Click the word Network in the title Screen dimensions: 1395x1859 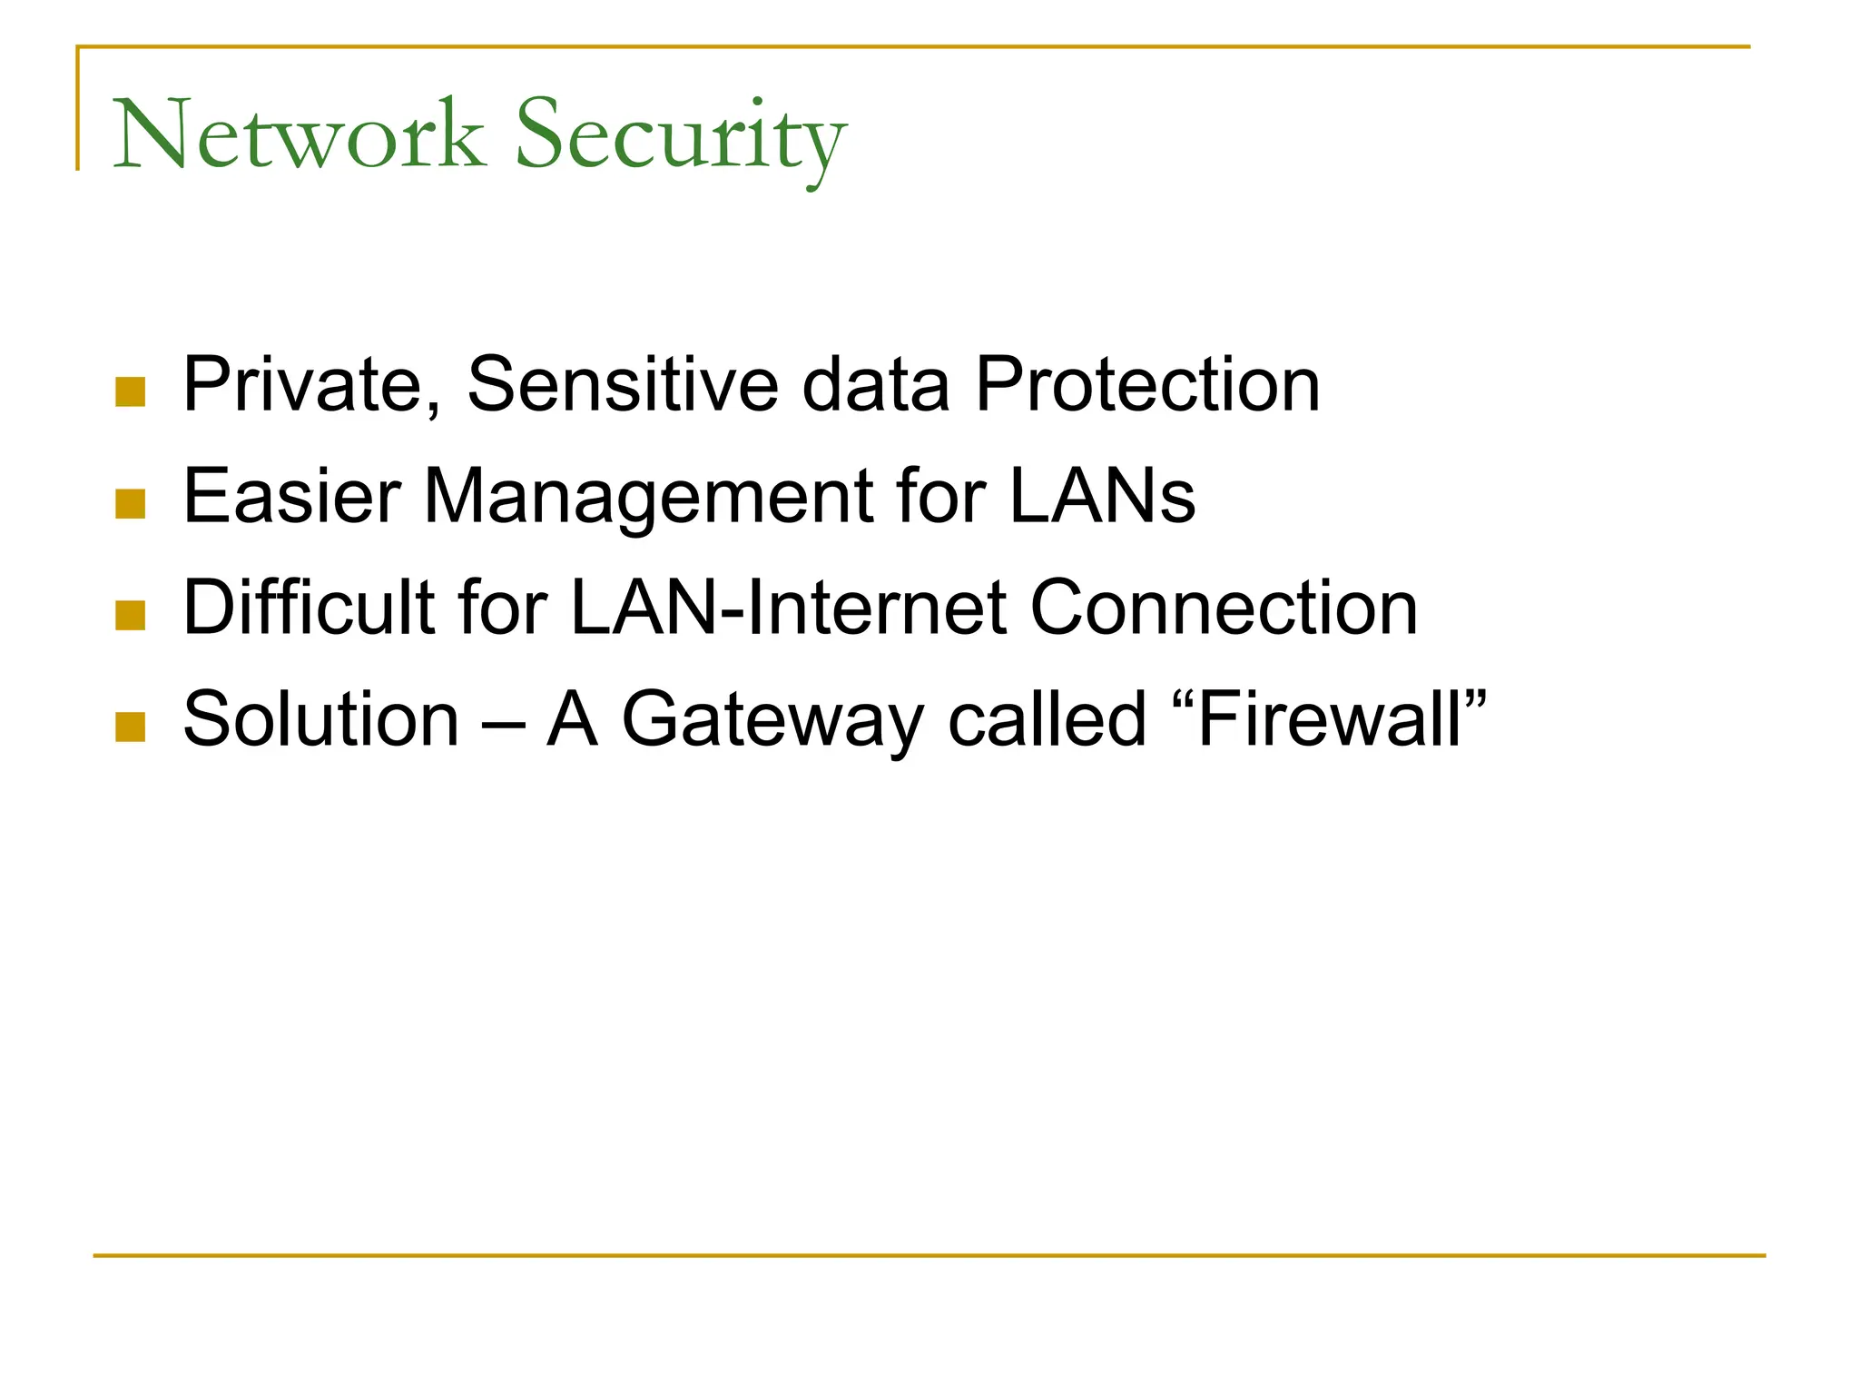coord(298,136)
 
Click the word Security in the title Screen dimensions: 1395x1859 coord(681,136)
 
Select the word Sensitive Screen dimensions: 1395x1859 coord(623,385)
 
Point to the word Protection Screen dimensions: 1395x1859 coord(1147,385)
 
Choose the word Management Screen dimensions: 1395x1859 coord(648,498)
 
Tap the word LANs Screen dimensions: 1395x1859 coord(1102,496)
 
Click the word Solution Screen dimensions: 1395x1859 coord(321,719)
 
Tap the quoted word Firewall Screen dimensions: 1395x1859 coord(1331,719)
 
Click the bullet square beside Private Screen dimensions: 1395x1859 coord(131,392)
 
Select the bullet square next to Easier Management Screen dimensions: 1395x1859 coord(131,504)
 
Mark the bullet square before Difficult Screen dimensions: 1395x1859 coord(131,615)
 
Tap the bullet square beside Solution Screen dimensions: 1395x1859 coord(131,727)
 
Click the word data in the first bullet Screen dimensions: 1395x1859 coord(875,385)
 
